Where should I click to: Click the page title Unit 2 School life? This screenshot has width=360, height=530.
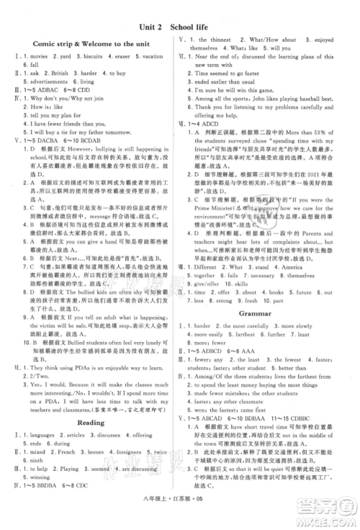point(179,27)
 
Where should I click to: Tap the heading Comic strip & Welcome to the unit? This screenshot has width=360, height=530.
point(91,45)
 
